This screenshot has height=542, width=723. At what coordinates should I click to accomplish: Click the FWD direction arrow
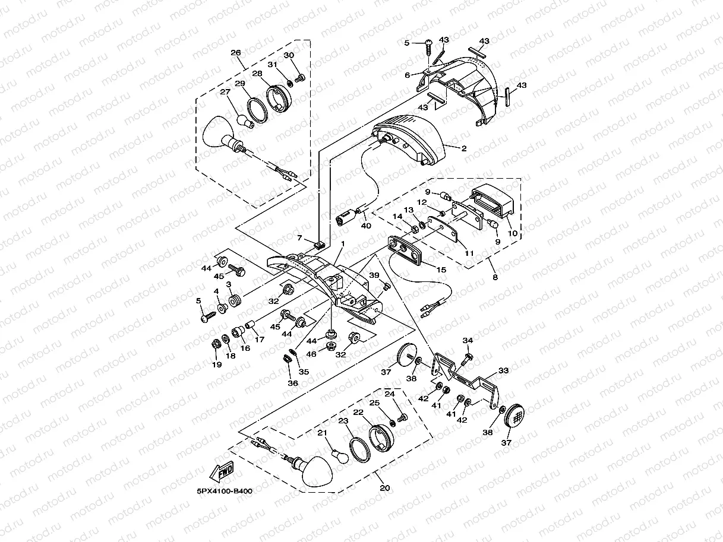point(222,471)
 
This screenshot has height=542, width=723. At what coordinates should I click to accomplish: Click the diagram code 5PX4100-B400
point(225,491)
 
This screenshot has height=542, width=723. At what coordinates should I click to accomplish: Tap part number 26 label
point(235,53)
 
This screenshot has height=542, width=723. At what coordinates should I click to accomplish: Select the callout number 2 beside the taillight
point(464,148)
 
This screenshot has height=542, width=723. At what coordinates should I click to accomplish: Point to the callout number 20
point(385,488)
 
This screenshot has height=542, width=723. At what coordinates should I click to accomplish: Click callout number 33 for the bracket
point(503,370)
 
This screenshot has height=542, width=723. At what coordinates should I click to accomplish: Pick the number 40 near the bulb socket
point(366,226)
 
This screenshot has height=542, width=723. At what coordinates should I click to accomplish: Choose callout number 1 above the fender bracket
point(343,244)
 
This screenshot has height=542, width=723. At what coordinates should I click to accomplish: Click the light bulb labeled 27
point(246,121)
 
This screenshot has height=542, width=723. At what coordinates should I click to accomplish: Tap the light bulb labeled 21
point(340,456)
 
